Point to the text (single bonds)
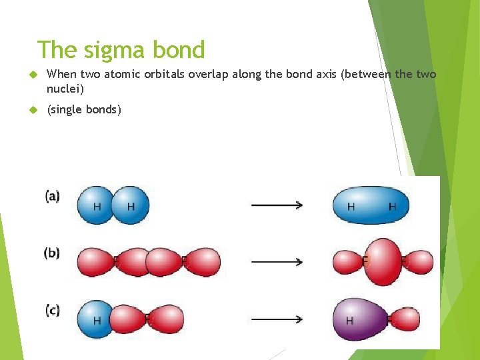point(84,109)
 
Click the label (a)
point(52,196)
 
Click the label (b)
point(52,253)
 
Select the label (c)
point(52,311)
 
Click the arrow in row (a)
point(277,205)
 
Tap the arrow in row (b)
point(277,262)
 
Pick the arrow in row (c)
point(277,319)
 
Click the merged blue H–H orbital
point(371,205)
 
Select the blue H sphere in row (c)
point(96,319)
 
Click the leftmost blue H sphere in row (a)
point(96,205)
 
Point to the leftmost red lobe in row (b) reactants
point(97,262)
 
